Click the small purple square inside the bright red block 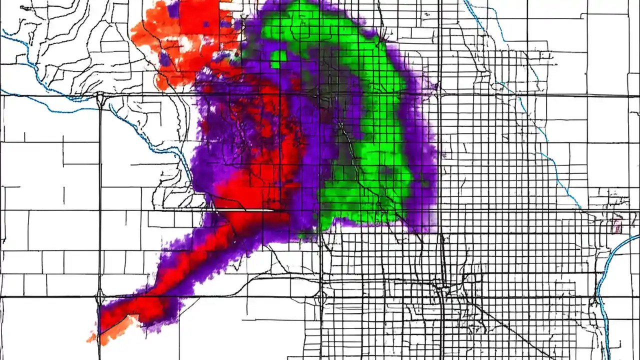(206, 23)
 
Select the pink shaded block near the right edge (616, 226)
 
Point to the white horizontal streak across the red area (250, 210)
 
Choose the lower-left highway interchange (99, 299)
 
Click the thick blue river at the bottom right (607, 280)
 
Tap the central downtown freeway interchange (441, 289)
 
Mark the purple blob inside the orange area (165, 59)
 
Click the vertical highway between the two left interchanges (100, 200)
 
